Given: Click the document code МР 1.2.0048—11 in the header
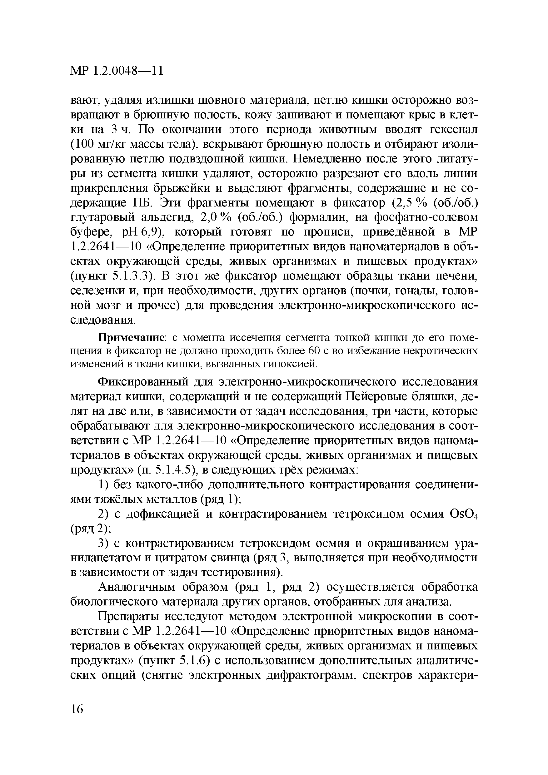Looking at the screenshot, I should point(117,71).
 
